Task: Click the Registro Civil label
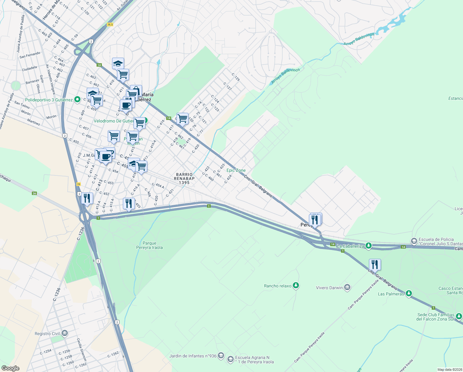[47, 334]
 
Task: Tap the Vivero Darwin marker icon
[347, 288]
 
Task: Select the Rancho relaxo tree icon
[296, 286]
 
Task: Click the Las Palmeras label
[391, 294]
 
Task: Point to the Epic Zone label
[236, 170]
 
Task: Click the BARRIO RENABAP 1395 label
[184, 179]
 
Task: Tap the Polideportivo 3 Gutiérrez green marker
[77, 100]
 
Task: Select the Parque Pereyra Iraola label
[149, 245]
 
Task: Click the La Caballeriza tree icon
[368, 246]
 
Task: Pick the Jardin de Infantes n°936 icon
[221, 356]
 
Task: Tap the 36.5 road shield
[110, 24]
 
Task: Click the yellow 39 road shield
[79, 184]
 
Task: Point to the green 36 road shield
[34, 193]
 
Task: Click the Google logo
[10, 368]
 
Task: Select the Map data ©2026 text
[449, 370]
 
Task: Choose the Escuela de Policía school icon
[413, 241]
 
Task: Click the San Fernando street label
[30, 55]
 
